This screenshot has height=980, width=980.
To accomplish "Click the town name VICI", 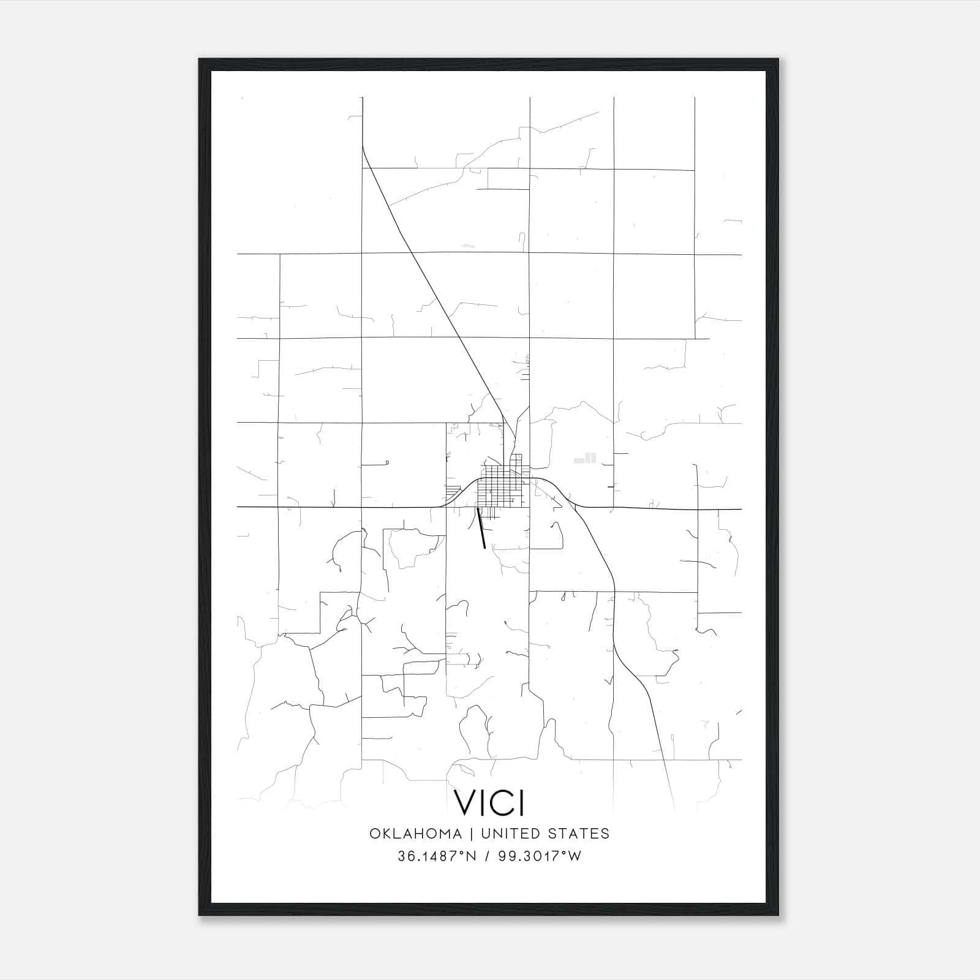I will coord(489,802).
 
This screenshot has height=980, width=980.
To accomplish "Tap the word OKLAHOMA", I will coord(415,834).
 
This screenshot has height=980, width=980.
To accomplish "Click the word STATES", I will coord(578,834).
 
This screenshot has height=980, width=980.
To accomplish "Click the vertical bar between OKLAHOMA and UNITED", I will coord(472,834).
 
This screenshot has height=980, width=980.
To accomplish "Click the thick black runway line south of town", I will coord(481,529).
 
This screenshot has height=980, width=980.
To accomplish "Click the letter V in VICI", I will coord(464,802).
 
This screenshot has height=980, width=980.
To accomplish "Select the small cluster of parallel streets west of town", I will coord(453,491).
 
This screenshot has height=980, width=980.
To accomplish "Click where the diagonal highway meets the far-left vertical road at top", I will coord(363,147).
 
